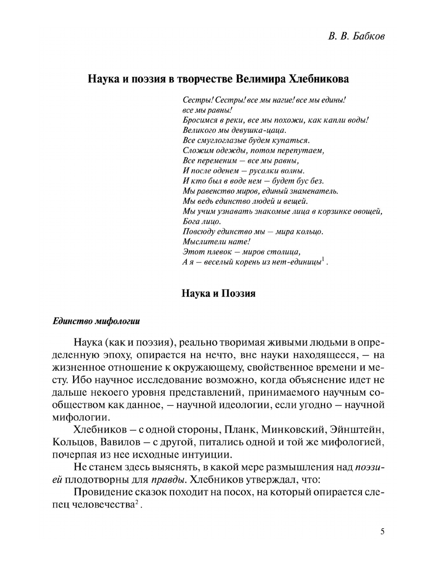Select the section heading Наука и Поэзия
[x=218, y=293]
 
